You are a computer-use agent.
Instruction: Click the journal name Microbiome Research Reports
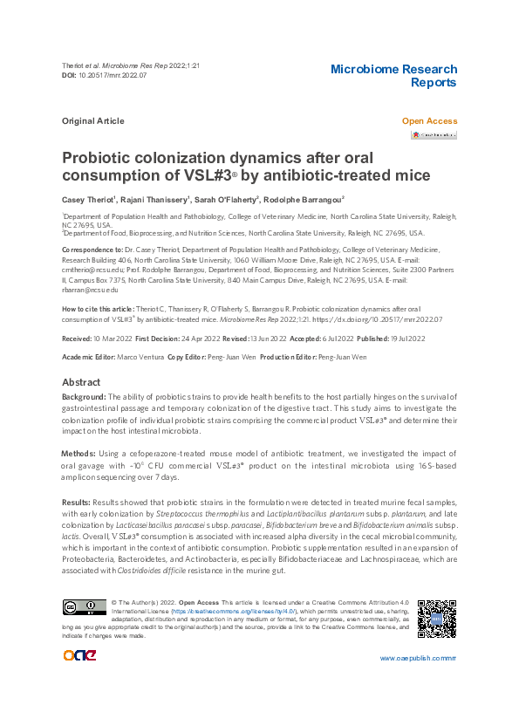(393, 76)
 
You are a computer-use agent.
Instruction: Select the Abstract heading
(81, 383)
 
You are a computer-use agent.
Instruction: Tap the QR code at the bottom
(436, 620)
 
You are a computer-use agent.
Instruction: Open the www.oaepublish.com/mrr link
(418, 657)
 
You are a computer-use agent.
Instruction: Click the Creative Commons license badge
(84, 606)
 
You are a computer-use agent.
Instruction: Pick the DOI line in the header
(104, 76)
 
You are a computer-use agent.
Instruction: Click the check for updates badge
(434, 135)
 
